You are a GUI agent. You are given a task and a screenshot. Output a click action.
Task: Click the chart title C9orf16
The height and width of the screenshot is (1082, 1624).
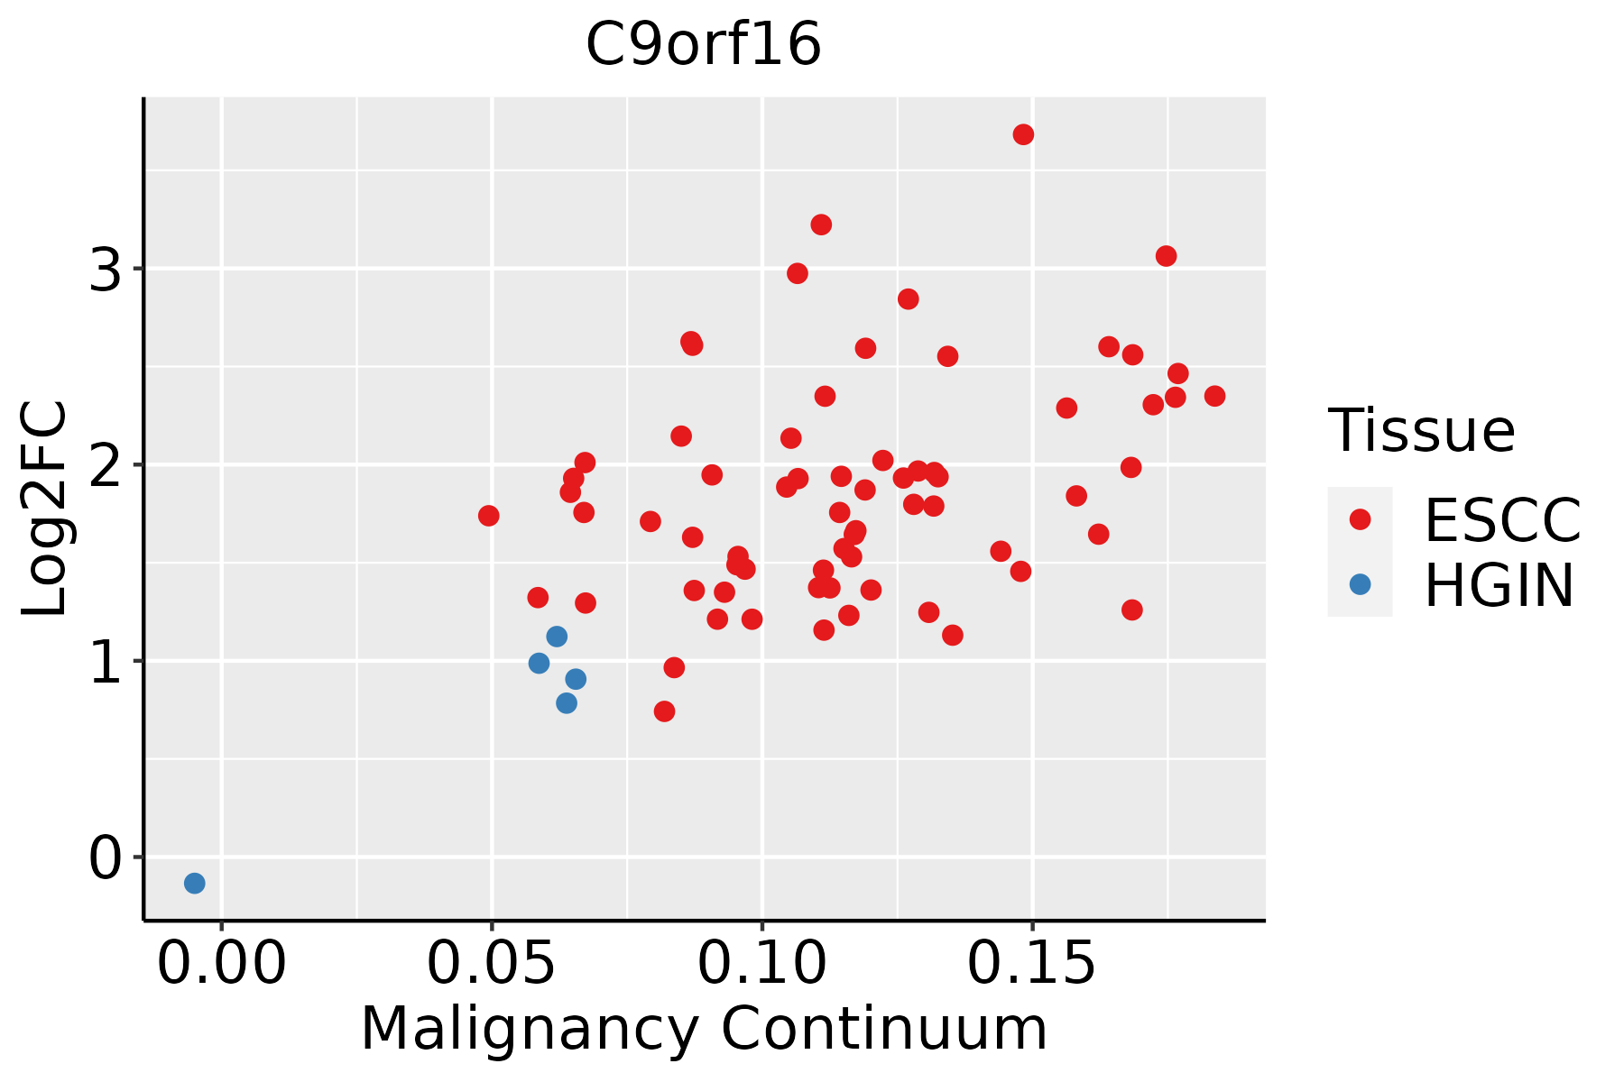coord(704,44)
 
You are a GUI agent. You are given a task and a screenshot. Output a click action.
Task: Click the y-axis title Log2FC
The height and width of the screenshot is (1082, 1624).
coord(44,509)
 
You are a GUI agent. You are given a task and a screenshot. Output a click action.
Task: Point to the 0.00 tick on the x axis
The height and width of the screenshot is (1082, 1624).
coord(221,964)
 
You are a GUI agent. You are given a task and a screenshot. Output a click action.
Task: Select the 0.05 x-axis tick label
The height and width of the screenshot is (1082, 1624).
coord(491,964)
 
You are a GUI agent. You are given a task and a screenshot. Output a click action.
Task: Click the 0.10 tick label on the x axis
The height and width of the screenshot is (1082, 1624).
coord(762,964)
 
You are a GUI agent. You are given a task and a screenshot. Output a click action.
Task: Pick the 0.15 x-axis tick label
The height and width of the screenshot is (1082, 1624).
coord(1032,964)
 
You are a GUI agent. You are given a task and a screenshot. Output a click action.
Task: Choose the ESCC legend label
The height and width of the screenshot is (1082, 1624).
coord(1502,520)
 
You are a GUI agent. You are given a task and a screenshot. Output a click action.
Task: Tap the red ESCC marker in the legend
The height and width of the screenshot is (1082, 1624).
coord(1360,519)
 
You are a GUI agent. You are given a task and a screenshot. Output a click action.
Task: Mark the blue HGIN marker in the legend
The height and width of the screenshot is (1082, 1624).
coord(1360,584)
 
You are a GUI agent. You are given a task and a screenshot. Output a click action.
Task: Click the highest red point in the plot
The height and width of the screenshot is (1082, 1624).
coord(1023,134)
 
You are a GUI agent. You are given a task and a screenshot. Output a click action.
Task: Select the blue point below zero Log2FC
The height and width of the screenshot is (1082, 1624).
coord(195,883)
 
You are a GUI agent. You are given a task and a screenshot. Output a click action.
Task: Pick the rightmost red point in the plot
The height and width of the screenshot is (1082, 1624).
coord(1215,396)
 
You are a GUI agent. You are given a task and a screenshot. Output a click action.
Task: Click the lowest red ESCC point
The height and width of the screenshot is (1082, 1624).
coord(665,711)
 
